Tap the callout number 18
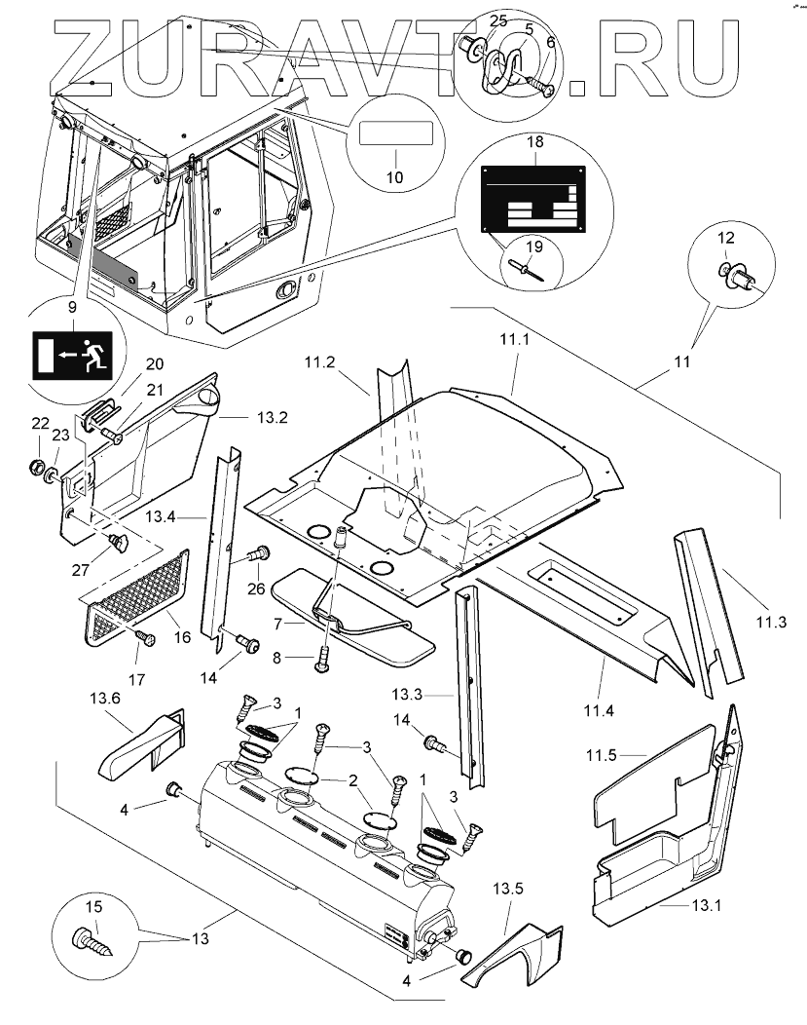tap(534, 142)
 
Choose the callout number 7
tap(275, 622)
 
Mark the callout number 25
tap(498, 20)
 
